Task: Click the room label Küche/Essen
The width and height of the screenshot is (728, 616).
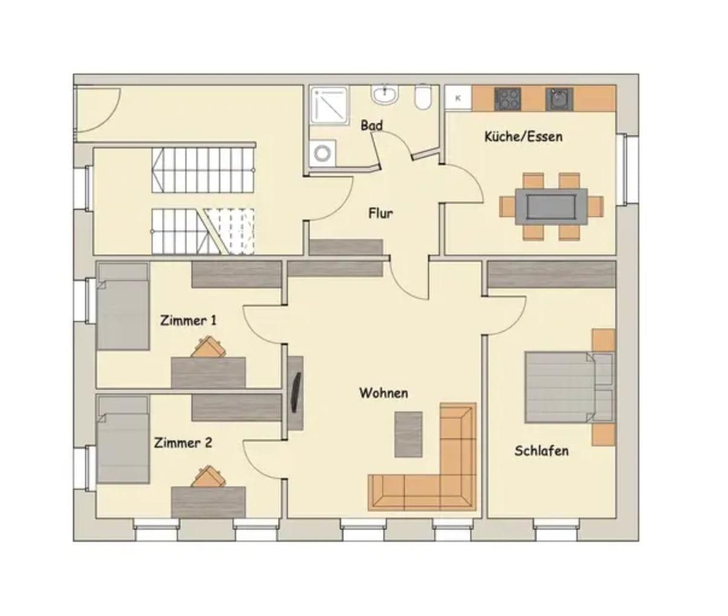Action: (523, 136)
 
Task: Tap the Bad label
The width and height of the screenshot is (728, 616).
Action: (372, 125)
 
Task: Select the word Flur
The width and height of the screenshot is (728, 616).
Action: (381, 213)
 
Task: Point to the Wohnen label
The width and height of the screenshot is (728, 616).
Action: (384, 393)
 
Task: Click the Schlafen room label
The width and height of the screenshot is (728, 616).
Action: (541, 451)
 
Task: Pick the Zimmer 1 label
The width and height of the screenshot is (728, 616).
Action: (188, 320)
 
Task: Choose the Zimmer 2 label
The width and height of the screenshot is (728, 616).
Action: (183, 443)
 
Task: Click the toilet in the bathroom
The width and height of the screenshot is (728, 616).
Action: (423, 98)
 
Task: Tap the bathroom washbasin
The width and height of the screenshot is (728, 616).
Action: (385, 95)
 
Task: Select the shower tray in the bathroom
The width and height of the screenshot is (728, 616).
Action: (330, 106)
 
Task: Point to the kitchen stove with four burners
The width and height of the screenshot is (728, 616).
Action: (507, 99)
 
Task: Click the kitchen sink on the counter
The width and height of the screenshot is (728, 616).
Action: (559, 99)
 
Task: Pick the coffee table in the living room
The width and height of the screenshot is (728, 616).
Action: (409, 434)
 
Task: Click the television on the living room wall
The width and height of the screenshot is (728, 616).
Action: (296, 392)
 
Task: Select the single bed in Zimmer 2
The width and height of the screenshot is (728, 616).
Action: (123, 440)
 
